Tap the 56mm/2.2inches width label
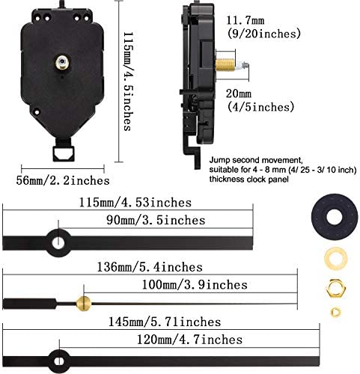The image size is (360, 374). pyautogui.click(x=73, y=181)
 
